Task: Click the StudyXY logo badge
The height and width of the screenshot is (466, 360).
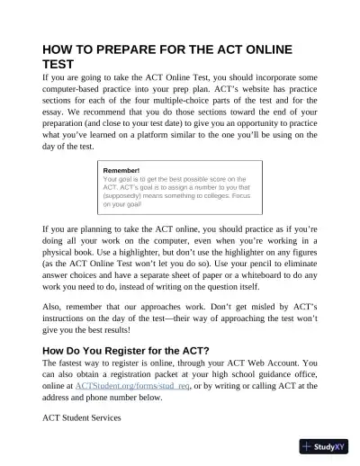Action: point(325,445)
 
